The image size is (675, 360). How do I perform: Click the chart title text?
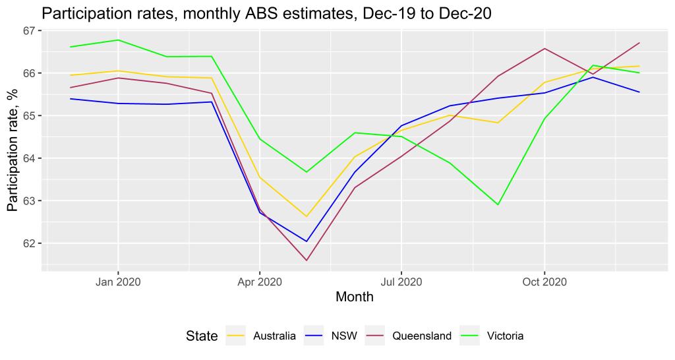pyautogui.click(x=266, y=13)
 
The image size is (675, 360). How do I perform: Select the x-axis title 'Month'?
pyautogui.click(x=355, y=297)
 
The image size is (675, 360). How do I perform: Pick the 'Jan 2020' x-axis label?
pyautogui.click(x=118, y=282)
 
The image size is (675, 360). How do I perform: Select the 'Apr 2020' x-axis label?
pyautogui.click(x=260, y=282)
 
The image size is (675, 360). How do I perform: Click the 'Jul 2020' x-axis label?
pyautogui.click(x=401, y=282)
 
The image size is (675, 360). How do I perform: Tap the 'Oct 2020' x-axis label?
pyautogui.click(x=544, y=282)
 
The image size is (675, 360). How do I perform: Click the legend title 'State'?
pyautogui.click(x=201, y=336)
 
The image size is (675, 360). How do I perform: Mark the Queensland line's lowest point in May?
pyautogui.click(x=307, y=260)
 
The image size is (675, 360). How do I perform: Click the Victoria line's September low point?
pyautogui.click(x=498, y=205)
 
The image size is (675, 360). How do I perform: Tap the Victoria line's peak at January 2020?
pyautogui.click(x=118, y=40)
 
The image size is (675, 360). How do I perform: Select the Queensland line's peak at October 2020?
pyautogui.click(x=544, y=48)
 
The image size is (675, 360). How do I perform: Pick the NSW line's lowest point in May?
pyautogui.click(x=307, y=241)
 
